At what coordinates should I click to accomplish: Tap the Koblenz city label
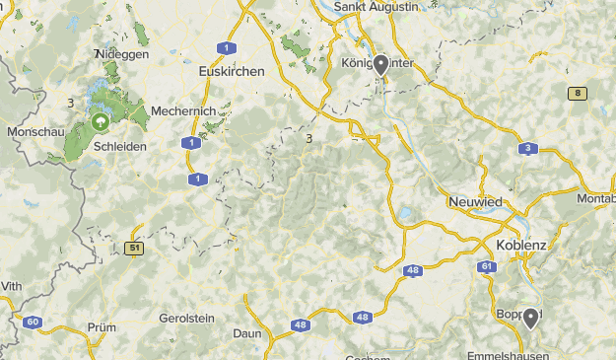coord(521,244)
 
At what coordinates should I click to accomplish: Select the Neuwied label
coord(474,201)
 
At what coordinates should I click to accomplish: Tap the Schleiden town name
coord(120,146)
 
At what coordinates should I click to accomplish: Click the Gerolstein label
coord(186,319)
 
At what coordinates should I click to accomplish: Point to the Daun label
coord(247,335)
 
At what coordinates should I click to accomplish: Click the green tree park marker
coord(100,122)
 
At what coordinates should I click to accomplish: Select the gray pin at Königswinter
coord(380,64)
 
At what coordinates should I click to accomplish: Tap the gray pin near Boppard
coord(531,317)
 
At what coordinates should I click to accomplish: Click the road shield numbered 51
coord(133,249)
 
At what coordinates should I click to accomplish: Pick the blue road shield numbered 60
coord(33,322)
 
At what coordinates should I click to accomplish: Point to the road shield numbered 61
coord(486,266)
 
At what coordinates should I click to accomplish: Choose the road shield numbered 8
coord(577,93)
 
